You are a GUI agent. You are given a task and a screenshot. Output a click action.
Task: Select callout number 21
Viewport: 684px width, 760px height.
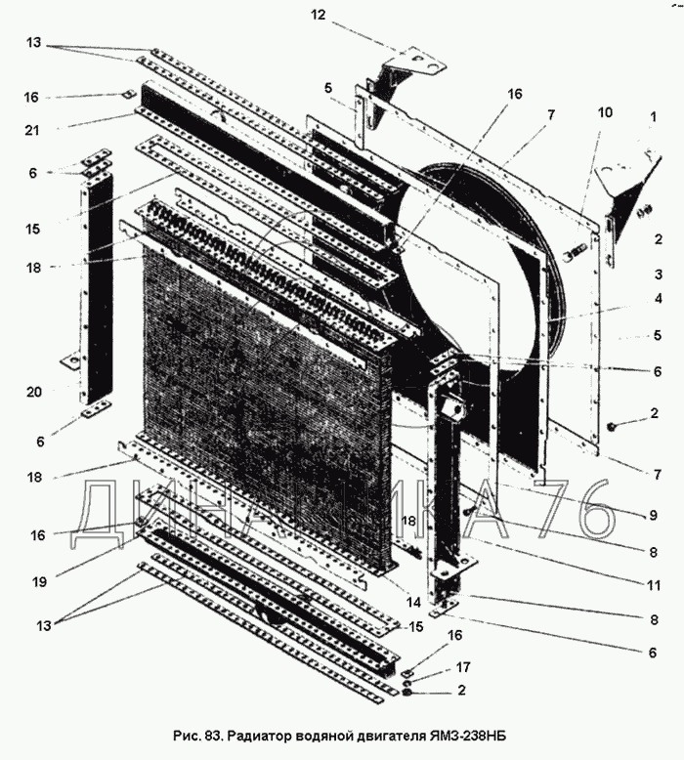click(x=32, y=128)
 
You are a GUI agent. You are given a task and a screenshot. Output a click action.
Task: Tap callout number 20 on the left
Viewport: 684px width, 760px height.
click(x=33, y=392)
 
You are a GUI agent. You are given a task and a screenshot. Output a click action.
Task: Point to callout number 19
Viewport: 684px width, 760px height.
click(x=38, y=581)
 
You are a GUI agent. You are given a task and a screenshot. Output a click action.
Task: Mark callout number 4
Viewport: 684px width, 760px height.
click(x=659, y=299)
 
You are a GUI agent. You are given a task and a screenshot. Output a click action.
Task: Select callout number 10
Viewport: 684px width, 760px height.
click(x=606, y=112)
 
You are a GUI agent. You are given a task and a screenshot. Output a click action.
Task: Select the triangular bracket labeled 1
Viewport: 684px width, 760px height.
click(x=624, y=186)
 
